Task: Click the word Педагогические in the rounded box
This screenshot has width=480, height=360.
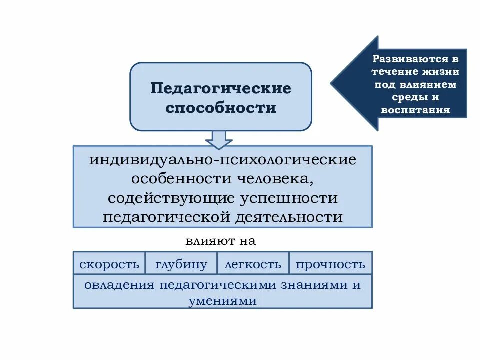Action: [221, 88]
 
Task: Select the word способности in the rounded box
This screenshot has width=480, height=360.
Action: [221, 108]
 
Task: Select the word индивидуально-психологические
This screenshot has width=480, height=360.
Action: [223, 161]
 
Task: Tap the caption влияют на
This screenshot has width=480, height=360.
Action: [220, 241]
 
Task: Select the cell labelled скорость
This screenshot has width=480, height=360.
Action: [109, 264]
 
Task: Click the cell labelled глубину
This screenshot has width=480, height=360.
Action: [181, 264]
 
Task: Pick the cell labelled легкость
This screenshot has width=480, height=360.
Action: [253, 264]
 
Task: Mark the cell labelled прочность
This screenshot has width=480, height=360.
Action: [330, 264]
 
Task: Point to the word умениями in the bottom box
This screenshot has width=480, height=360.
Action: [223, 301]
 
